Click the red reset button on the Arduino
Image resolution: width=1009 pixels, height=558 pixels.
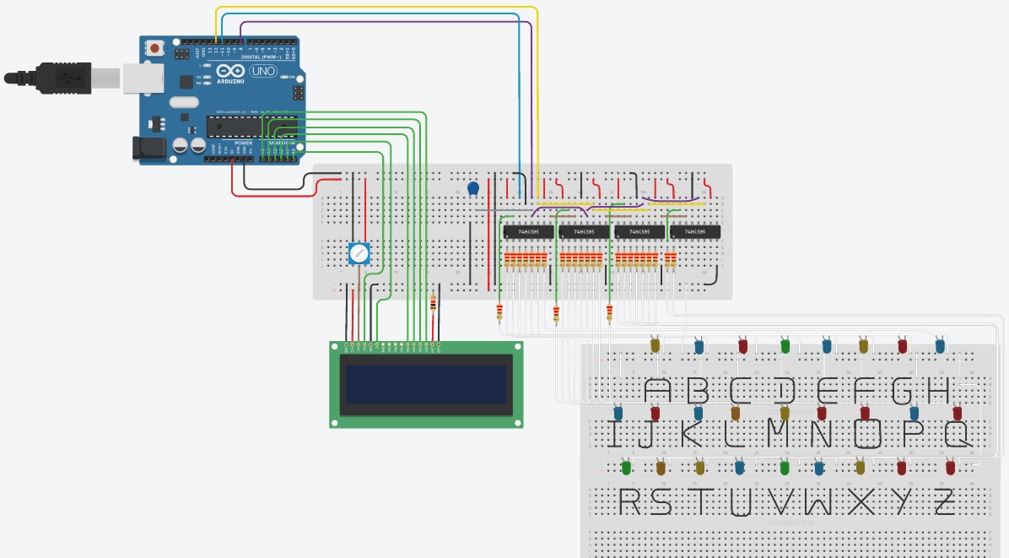[155, 50]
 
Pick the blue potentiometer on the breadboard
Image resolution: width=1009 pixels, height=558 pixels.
[359, 252]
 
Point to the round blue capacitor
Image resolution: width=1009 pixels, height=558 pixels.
[473, 188]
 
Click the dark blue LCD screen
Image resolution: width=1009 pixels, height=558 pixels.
[425, 384]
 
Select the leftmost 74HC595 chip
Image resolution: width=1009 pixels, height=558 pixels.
[527, 231]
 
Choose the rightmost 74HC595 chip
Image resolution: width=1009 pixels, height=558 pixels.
[695, 231]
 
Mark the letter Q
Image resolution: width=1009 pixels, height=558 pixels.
[958, 435]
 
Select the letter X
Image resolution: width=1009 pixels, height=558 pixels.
[861, 501]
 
